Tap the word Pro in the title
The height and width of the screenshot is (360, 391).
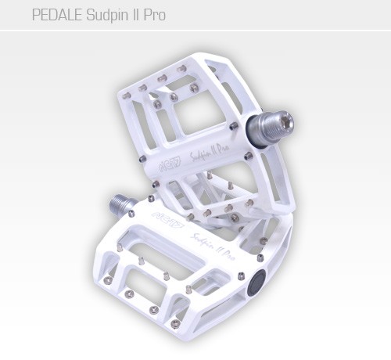[154, 15]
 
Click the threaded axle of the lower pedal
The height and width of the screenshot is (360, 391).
[122, 203]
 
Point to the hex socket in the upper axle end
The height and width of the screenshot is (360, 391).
[287, 120]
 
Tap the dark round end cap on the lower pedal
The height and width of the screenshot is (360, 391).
[255, 283]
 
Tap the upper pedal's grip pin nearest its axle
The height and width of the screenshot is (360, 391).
[234, 125]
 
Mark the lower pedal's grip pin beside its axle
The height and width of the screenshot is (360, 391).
[131, 213]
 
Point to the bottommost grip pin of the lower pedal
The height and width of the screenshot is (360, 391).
[175, 323]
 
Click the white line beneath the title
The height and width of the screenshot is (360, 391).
[195, 31]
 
